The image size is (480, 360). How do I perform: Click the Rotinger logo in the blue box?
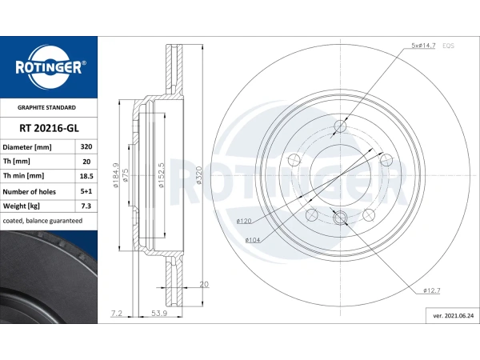[x=48, y=66]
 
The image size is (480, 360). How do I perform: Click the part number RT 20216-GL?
[x=48, y=127]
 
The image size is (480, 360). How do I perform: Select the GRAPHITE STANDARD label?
[x=48, y=107]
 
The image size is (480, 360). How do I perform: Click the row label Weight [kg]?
[x=22, y=206]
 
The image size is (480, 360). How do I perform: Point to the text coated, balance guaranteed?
[x=42, y=220]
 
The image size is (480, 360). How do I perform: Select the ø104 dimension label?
[x=254, y=238]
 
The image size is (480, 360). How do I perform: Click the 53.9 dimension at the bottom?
[x=158, y=313]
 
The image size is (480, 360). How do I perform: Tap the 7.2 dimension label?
[x=116, y=313]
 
